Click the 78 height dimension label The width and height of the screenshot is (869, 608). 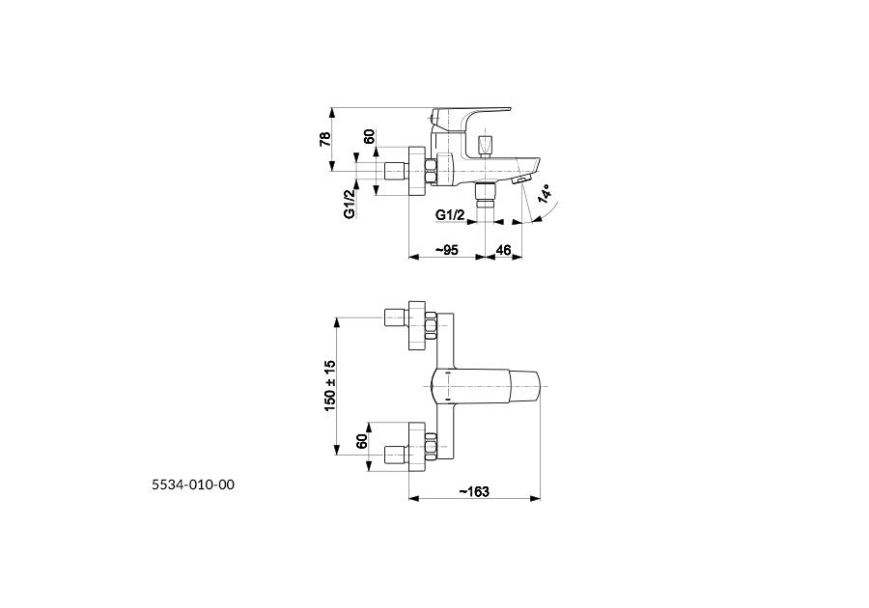(325, 139)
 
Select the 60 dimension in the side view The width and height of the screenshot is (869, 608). (369, 137)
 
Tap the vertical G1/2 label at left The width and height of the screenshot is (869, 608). (350, 204)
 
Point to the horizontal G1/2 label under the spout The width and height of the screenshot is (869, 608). (450, 215)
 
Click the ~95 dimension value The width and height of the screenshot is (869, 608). (446, 250)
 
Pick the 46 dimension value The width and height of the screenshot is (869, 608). (503, 250)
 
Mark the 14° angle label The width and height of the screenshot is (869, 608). (545, 194)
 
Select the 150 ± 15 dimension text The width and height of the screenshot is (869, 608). (330, 385)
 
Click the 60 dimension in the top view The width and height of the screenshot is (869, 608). (362, 441)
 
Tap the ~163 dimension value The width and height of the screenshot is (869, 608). (474, 492)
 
